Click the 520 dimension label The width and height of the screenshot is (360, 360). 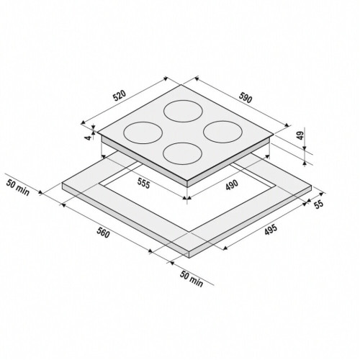[x=120, y=96]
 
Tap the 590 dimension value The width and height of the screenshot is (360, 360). [x=246, y=98]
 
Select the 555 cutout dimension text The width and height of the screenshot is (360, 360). [x=144, y=184]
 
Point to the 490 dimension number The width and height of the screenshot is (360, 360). [x=232, y=185]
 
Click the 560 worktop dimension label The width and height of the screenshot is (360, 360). [x=104, y=233]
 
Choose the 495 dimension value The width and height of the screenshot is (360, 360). [x=271, y=230]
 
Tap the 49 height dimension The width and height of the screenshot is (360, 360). [x=300, y=135]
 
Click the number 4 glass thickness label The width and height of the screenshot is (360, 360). [x=89, y=138]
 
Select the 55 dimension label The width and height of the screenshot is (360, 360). [x=319, y=204]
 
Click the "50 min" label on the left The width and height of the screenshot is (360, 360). [x=18, y=187]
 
